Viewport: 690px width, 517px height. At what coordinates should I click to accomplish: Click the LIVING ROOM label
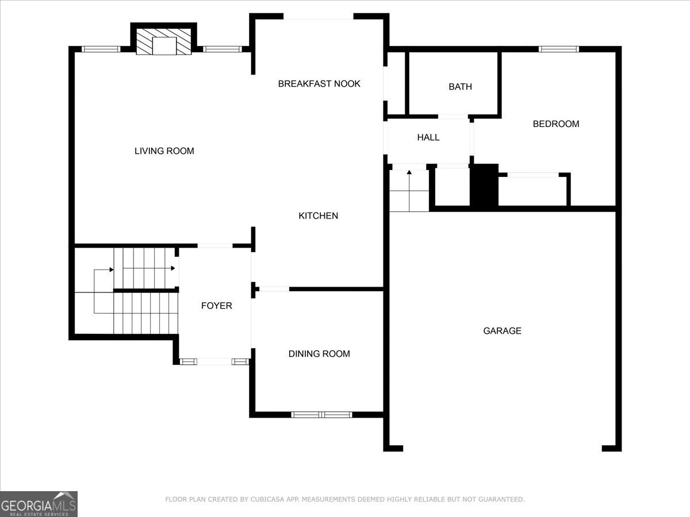(x=164, y=151)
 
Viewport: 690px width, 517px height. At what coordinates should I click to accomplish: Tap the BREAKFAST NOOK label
(x=319, y=84)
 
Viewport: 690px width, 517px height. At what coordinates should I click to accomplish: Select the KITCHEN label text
(x=318, y=216)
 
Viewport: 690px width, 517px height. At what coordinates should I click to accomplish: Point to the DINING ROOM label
(x=319, y=354)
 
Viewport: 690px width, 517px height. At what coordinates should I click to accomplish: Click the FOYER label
(x=216, y=306)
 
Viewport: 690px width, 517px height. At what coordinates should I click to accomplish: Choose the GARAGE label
(x=502, y=331)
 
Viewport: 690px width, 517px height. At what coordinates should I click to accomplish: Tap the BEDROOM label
(x=555, y=124)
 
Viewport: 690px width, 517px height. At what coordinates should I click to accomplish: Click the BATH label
(x=460, y=87)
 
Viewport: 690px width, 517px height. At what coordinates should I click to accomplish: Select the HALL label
(x=428, y=137)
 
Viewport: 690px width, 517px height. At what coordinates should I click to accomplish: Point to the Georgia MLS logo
(x=39, y=504)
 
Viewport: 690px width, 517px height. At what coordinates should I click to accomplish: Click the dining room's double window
(x=321, y=414)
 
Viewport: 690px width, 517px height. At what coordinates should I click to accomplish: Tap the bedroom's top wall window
(x=558, y=49)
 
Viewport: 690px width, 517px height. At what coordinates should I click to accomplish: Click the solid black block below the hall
(x=484, y=185)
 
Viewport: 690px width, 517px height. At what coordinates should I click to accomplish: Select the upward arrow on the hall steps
(x=409, y=172)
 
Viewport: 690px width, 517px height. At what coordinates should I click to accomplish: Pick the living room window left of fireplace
(x=101, y=49)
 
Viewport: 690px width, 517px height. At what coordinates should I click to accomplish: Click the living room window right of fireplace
(x=223, y=49)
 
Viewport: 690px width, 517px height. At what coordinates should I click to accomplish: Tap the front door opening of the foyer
(x=213, y=361)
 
